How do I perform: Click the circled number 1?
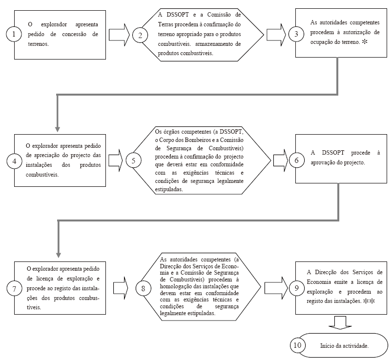[x=14, y=35]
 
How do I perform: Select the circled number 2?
[x=140, y=35]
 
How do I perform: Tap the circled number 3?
[x=295, y=35]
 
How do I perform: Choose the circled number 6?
[x=295, y=160]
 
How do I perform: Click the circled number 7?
[x=14, y=288]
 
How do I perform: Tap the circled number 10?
[x=297, y=344]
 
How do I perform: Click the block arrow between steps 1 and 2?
[x=119, y=35]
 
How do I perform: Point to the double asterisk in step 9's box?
[x=369, y=301]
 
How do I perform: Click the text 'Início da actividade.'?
[x=344, y=345]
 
